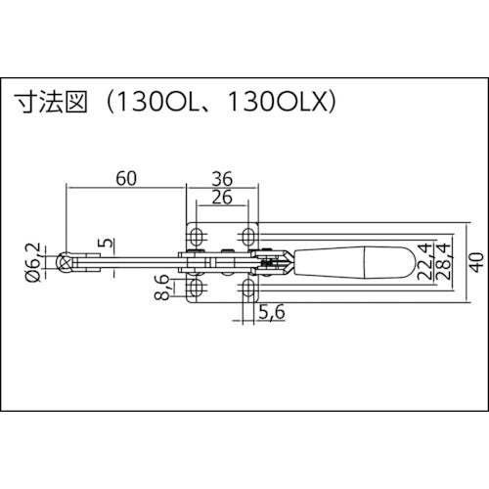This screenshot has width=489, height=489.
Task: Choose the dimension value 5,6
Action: pos(272,313)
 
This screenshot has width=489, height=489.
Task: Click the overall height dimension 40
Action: pos(472,261)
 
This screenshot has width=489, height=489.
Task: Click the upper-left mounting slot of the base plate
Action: pos(199,237)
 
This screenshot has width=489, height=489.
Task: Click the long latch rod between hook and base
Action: pos(137,261)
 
